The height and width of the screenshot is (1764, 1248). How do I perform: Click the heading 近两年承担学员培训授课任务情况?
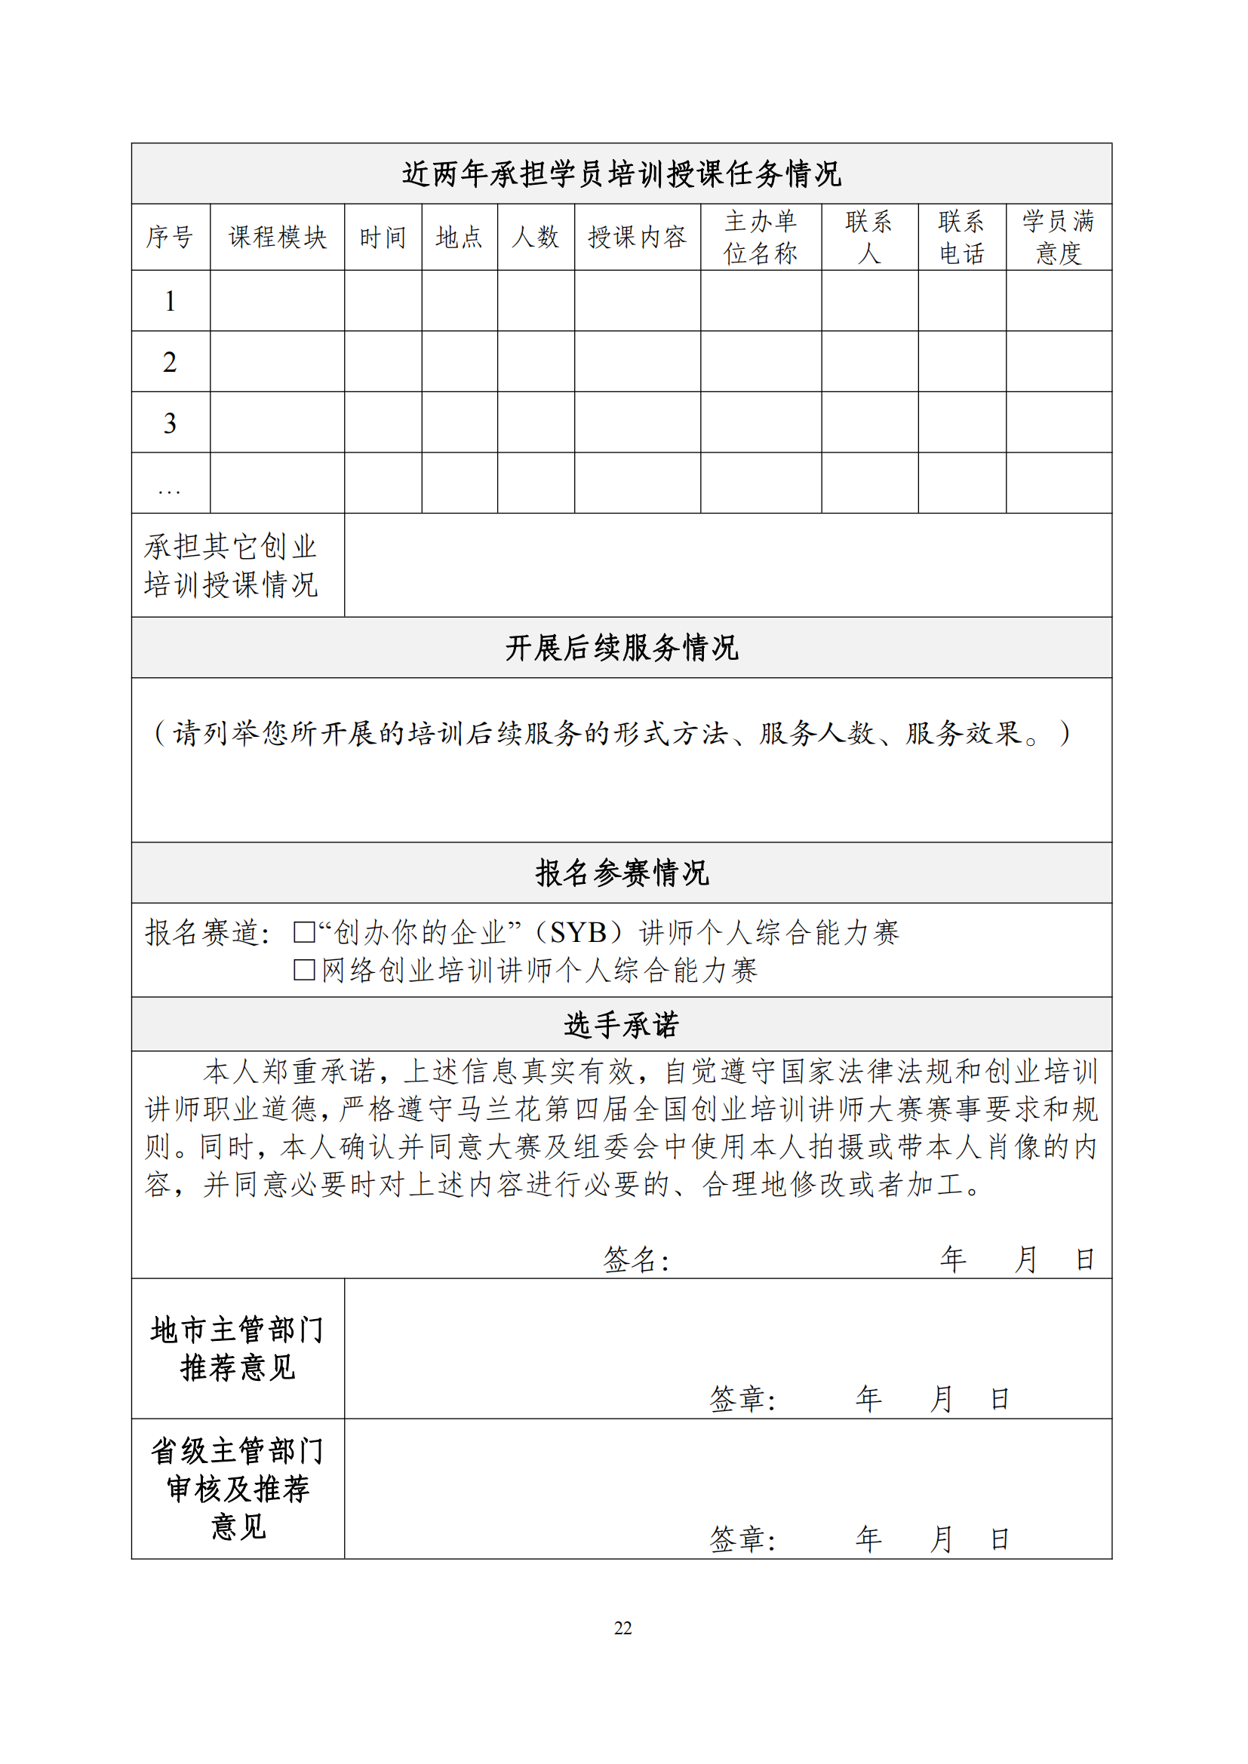click(x=622, y=174)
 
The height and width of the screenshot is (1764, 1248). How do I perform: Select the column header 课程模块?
click(x=278, y=238)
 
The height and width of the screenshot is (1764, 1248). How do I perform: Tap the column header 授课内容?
click(x=637, y=238)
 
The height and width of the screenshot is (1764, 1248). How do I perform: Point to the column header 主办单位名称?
click(x=761, y=238)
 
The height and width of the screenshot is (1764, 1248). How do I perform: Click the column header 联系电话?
click(x=961, y=238)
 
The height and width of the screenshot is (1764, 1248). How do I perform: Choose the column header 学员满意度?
click(x=1058, y=238)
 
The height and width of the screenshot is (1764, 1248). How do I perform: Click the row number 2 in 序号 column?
click(x=170, y=362)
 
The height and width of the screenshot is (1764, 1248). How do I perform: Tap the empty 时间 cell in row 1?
click(x=383, y=301)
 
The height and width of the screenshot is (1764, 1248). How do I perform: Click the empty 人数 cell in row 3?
click(x=536, y=422)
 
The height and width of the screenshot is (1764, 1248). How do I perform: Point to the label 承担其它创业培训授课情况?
click(x=232, y=566)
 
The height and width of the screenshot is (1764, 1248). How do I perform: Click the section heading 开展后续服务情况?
click(x=622, y=648)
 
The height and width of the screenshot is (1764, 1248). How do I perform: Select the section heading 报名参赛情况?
click(x=622, y=873)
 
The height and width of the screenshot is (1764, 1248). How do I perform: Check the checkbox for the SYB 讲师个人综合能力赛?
click(x=304, y=932)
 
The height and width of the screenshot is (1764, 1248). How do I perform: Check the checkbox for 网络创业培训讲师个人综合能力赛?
click(x=304, y=970)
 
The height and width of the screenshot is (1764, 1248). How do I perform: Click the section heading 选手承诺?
click(x=622, y=1024)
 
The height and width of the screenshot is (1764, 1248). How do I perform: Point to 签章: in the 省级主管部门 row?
click(x=742, y=1539)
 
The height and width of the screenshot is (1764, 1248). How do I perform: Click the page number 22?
click(x=622, y=1627)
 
